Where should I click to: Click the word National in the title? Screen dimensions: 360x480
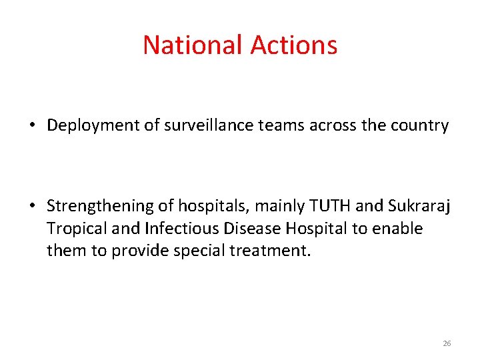(x=193, y=45)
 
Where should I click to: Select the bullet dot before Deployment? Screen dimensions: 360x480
(x=32, y=126)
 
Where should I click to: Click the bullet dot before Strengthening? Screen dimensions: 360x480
(x=32, y=207)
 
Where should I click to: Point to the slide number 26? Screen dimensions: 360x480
(x=447, y=343)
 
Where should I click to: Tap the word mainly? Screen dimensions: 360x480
(x=263, y=207)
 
